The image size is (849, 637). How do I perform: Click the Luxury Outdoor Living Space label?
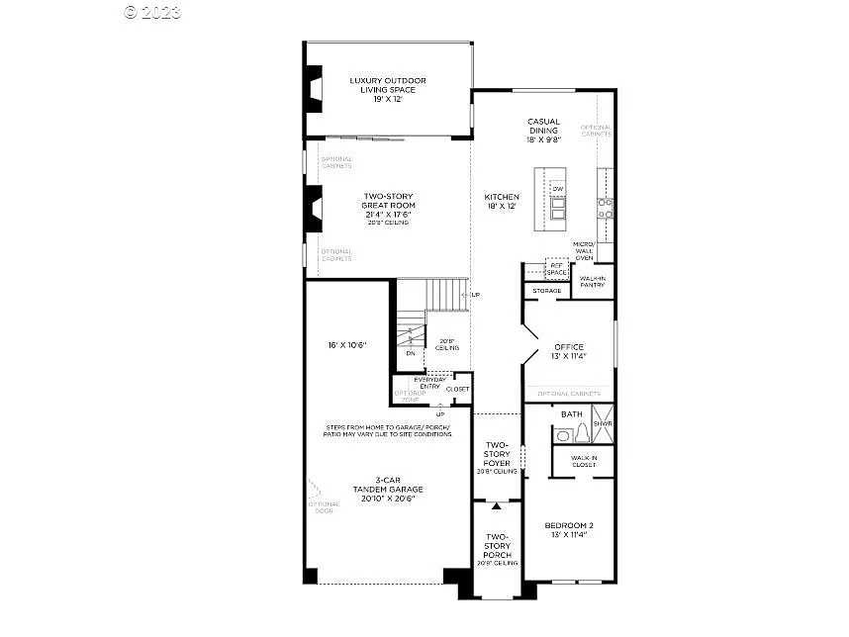click(x=388, y=90)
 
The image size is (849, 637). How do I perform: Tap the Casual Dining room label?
click(x=543, y=131)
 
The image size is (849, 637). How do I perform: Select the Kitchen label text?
click(x=502, y=202)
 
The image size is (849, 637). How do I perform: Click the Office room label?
click(x=569, y=351)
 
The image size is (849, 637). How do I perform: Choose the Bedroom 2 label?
click(x=569, y=529)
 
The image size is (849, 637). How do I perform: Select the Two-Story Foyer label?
click(x=497, y=458)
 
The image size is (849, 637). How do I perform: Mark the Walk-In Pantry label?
click(x=594, y=282)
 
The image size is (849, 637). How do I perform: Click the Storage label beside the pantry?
click(x=547, y=291)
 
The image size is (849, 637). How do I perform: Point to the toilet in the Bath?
click(x=581, y=433)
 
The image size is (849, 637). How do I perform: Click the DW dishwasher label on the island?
click(x=558, y=189)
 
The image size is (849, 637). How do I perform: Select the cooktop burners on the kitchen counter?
click(x=605, y=208)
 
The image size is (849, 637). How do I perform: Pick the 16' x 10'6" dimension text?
click(x=346, y=345)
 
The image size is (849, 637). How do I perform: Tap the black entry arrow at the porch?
click(x=497, y=506)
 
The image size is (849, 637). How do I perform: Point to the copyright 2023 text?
click(x=152, y=12)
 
